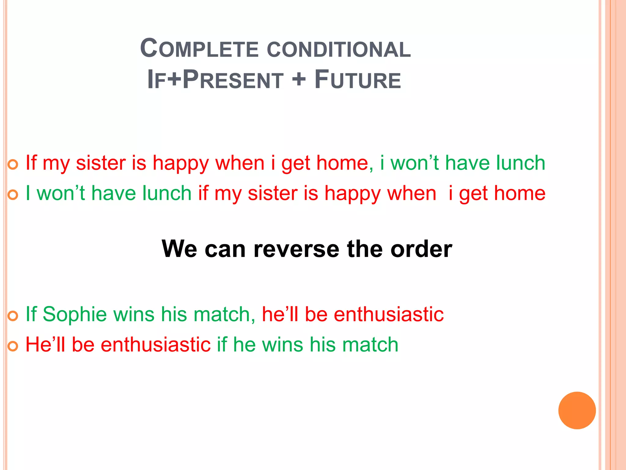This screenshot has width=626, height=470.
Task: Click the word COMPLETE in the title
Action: (199, 49)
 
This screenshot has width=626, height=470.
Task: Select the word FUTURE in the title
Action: (358, 80)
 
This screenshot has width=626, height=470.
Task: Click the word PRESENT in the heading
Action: (233, 80)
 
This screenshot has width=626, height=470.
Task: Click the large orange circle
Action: (577, 410)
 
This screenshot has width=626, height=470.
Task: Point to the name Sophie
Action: (75, 314)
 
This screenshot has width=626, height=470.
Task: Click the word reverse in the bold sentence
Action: (296, 249)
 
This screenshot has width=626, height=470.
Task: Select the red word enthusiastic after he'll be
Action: (388, 314)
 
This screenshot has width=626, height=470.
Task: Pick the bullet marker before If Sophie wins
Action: (13, 316)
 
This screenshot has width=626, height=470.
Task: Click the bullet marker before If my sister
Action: (13, 165)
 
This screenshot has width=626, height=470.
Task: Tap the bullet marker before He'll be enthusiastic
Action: (13, 347)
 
